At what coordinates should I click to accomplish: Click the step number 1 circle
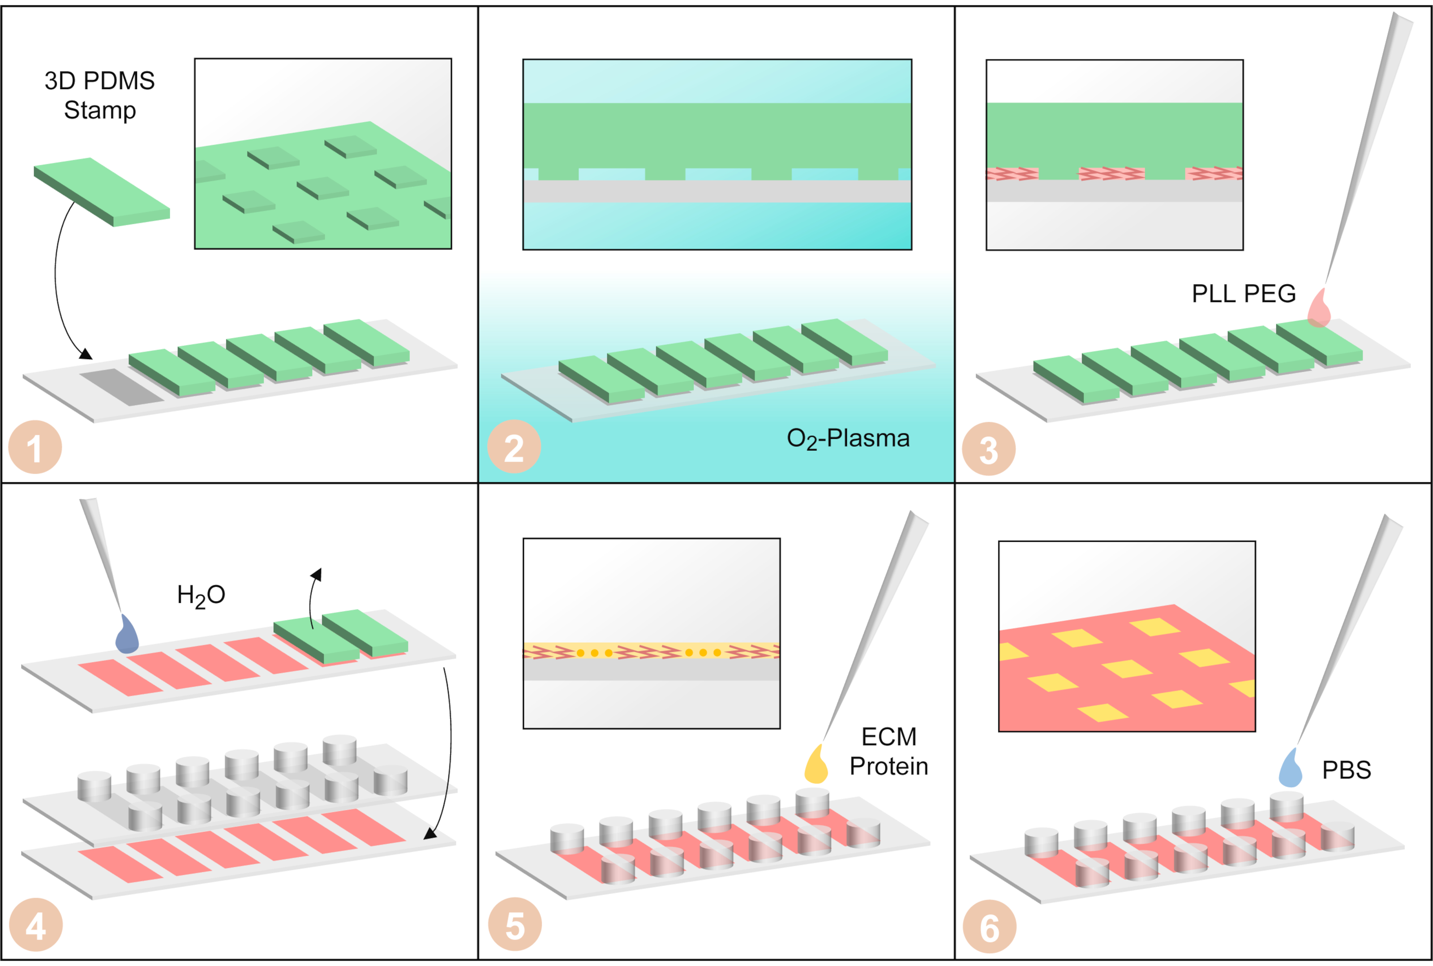35,447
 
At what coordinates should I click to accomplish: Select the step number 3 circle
989,448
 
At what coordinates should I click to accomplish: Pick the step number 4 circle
36,925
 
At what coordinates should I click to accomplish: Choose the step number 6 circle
989,927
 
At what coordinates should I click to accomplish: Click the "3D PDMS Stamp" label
100,95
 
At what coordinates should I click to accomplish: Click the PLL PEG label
1244,293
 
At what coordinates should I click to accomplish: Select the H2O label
201,596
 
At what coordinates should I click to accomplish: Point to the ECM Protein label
888,751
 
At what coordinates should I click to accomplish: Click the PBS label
1346,770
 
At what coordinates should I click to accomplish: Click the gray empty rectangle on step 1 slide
121,387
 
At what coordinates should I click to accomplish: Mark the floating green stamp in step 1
102,192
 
